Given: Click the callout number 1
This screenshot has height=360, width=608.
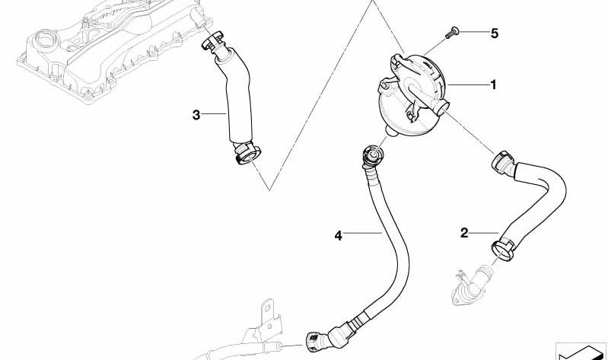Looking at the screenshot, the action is pyautogui.click(x=493, y=84).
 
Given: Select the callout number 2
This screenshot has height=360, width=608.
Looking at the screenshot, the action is pyautogui.click(x=464, y=233).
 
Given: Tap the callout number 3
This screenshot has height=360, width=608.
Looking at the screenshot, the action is pyautogui.click(x=196, y=115).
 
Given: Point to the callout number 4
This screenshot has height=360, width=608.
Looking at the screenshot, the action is pyautogui.click(x=338, y=235).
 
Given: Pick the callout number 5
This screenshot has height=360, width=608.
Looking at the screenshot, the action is pyautogui.click(x=494, y=33).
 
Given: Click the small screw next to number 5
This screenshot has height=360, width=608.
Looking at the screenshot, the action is pyautogui.click(x=452, y=32).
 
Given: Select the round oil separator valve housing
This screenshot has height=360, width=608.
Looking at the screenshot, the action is pyautogui.click(x=411, y=94).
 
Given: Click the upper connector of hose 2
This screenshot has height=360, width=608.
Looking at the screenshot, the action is pyautogui.click(x=503, y=162).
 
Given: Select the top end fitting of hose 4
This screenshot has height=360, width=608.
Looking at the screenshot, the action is pyautogui.click(x=371, y=156).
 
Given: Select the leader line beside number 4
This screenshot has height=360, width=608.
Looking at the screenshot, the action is pyautogui.click(x=363, y=233).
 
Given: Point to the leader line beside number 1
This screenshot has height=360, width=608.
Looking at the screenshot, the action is pyautogui.click(x=468, y=84).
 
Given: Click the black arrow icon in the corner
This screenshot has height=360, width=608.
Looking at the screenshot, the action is pyautogui.click(x=581, y=352).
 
